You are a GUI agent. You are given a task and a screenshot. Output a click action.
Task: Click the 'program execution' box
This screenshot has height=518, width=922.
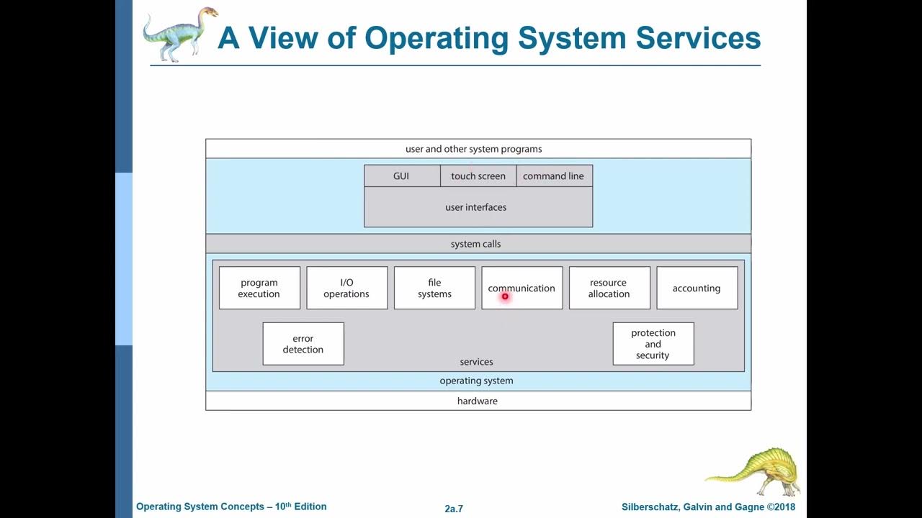click(x=259, y=288)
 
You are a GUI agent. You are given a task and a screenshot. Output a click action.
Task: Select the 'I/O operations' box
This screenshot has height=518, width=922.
click(x=346, y=288)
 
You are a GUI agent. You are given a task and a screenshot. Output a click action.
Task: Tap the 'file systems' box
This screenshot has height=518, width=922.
click(x=434, y=288)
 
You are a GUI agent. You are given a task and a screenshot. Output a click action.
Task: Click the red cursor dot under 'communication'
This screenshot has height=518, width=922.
click(x=505, y=296)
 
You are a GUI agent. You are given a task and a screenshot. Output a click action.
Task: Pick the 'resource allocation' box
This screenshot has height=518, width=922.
click(x=609, y=288)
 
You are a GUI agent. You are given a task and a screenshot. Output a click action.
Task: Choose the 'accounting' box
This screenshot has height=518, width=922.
click(x=697, y=288)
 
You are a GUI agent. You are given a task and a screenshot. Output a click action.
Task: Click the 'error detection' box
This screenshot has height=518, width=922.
click(x=303, y=344)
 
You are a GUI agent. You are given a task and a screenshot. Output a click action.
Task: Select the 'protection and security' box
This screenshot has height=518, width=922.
click(x=653, y=344)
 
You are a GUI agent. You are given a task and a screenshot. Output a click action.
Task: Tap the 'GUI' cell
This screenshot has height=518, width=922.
click(x=401, y=176)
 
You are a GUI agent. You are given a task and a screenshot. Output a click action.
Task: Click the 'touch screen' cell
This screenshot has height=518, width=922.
click(x=478, y=176)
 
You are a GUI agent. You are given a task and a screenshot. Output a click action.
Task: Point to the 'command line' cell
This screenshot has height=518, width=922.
click(x=553, y=176)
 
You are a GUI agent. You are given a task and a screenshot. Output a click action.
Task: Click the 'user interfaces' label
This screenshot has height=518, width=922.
click(x=476, y=207)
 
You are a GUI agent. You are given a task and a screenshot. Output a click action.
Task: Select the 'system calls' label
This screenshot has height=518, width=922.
click(x=476, y=244)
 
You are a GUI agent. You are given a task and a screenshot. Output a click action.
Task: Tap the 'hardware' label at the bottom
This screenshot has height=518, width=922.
click(x=478, y=401)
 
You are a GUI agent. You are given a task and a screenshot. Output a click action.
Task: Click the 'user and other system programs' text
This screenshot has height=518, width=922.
click(x=474, y=149)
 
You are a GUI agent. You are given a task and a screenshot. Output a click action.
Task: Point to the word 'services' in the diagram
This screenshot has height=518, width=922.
click(x=477, y=362)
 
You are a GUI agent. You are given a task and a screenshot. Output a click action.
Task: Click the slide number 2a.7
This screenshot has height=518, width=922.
click(x=454, y=509)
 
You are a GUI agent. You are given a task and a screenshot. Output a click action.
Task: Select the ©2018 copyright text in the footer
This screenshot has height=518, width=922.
click(x=781, y=507)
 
